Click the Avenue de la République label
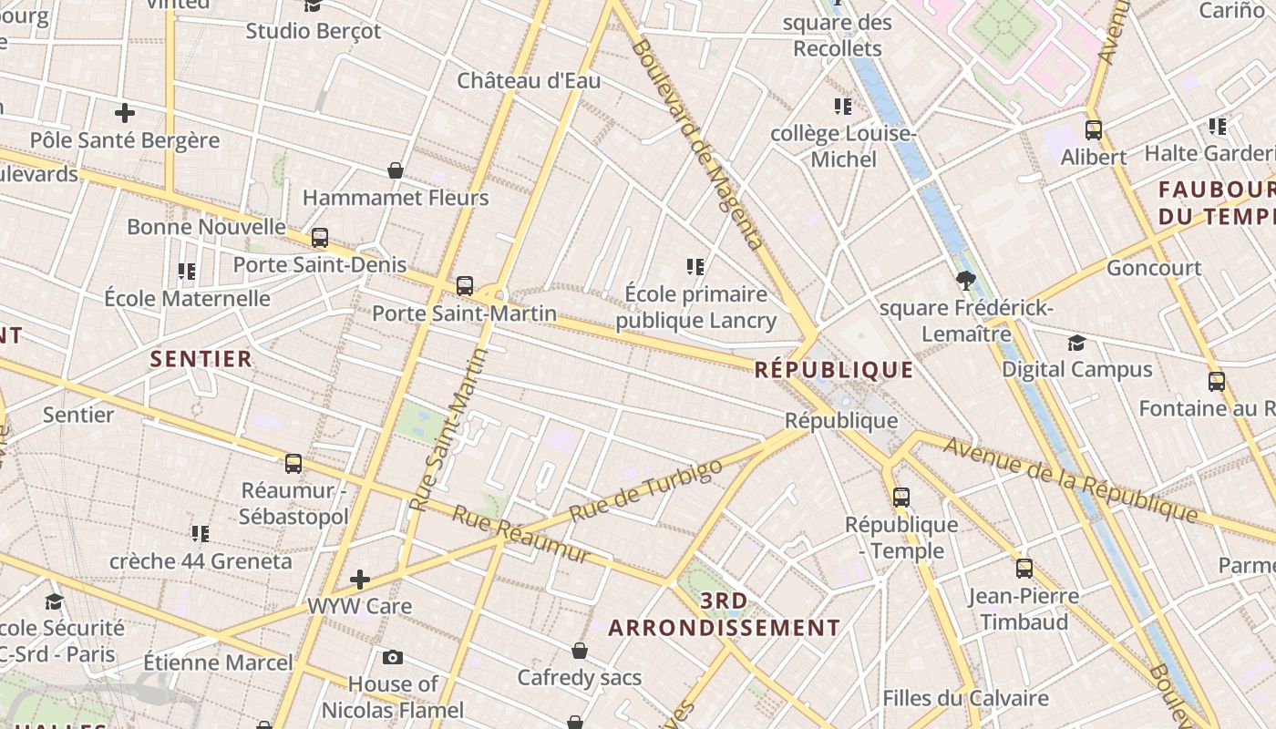point(1070,480)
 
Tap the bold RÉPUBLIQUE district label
point(834,369)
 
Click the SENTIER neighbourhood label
point(201,358)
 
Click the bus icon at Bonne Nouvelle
point(319,238)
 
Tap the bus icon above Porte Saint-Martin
point(465,286)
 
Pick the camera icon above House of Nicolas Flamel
point(393,657)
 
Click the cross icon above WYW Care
point(360,580)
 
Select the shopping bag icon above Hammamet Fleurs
point(396,170)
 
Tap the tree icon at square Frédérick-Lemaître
point(965,280)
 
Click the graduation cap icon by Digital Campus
point(1076,343)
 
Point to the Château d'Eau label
point(529,80)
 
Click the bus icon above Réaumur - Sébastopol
point(293,463)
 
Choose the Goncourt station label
point(1154,268)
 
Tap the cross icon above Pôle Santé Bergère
point(125,113)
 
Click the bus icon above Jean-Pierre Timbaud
point(1024,569)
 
